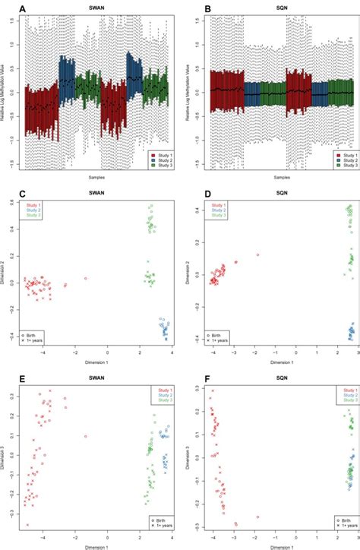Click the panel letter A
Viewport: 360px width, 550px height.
(x=7, y=8)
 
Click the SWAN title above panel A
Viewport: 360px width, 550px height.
(x=96, y=9)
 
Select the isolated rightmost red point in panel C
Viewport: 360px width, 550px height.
(x=85, y=279)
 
